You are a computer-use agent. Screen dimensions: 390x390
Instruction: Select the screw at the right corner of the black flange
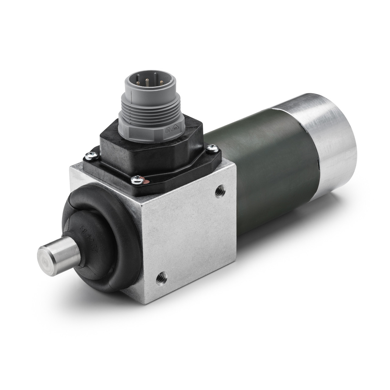[212, 148]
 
